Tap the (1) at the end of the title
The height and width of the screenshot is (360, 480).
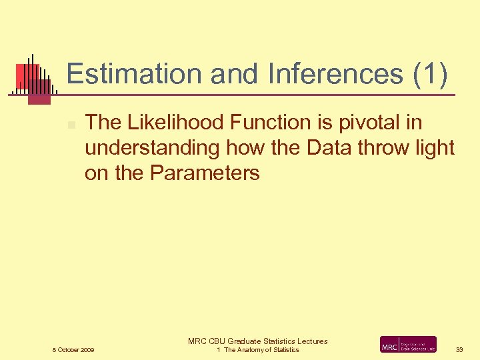(x=431, y=74)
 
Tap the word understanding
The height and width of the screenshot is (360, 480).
(x=152, y=148)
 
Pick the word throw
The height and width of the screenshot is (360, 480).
(x=386, y=148)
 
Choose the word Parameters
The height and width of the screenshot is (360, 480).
(x=205, y=173)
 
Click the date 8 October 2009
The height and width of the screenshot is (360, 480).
(x=73, y=350)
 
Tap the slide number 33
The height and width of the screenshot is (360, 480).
(x=459, y=350)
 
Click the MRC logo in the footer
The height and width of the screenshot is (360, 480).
(x=408, y=345)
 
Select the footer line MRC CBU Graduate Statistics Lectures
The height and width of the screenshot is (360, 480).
(x=258, y=341)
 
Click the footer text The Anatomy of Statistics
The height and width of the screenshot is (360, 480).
(x=261, y=350)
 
